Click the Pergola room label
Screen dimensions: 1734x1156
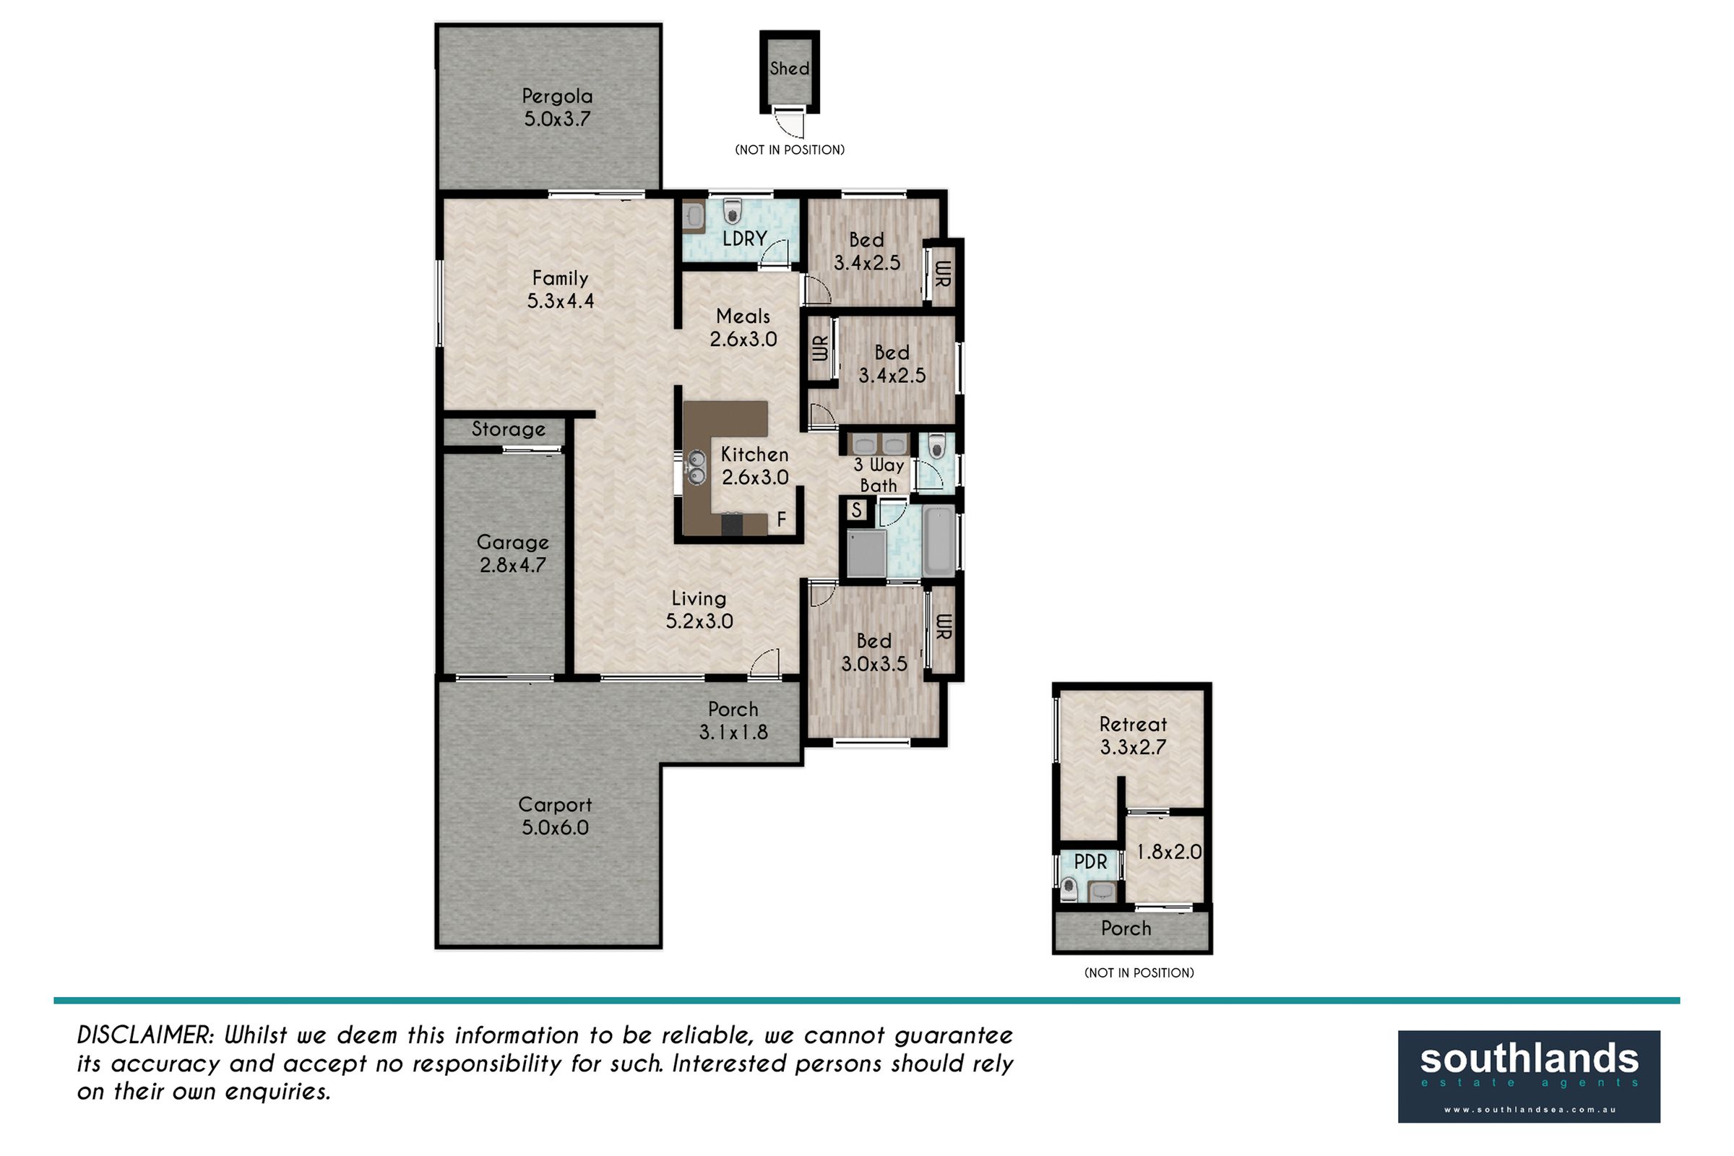click(x=556, y=96)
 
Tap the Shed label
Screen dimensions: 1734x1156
click(x=790, y=69)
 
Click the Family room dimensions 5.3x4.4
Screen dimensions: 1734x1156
click(x=561, y=301)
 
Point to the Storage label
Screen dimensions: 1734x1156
click(x=509, y=429)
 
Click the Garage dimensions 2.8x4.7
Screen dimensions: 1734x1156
click(x=512, y=566)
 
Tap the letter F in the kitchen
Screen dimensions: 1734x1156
click(x=782, y=519)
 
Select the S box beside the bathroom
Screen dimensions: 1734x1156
click(x=857, y=509)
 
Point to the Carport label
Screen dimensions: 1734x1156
click(x=555, y=804)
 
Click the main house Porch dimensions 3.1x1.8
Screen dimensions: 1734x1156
click(x=733, y=732)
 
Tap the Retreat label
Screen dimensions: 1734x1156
click(x=1133, y=724)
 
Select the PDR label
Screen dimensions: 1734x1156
click(x=1090, y=862)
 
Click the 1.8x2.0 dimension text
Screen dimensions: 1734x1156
click(x=1169, y=853)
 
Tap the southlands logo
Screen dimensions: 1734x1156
click(x=1529, y=1077)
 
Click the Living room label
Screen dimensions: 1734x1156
click(x=699, y=599)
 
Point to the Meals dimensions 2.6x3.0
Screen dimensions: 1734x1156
click(x=743, y=339)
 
